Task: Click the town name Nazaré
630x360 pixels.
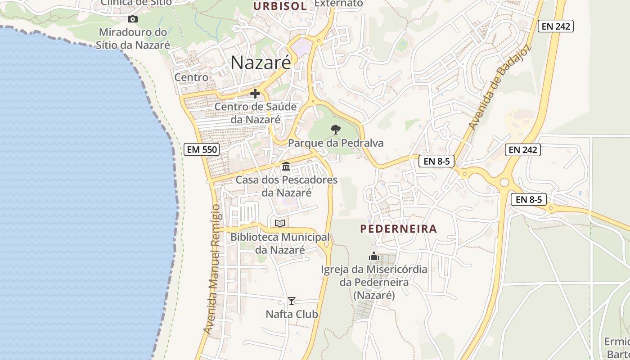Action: point(261,63)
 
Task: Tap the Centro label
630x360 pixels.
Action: point(191,77)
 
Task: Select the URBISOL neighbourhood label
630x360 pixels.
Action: point(280,6)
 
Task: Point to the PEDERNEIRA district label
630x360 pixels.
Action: point(398,229)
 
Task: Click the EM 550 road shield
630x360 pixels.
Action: point(201,149)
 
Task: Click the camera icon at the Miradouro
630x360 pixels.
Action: point(132,19)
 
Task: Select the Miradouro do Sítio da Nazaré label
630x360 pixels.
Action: point(133,39)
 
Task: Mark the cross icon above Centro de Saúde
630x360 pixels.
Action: point(255,94)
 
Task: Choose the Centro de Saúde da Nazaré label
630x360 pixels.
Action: point(256,113)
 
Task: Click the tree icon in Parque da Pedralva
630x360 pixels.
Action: point(335,130)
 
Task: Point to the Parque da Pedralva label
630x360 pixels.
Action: point(336,143)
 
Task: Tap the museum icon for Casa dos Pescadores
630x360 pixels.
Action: point(286,166)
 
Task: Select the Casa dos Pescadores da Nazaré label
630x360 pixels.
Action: point(287,186)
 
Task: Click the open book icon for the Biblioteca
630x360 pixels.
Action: point(280,223)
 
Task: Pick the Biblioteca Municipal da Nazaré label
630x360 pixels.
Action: point(280,243)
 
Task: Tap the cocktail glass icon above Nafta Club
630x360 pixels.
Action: point(292,301)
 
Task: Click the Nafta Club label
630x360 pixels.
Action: point(292,314)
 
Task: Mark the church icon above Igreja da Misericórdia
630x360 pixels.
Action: point(374,256)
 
